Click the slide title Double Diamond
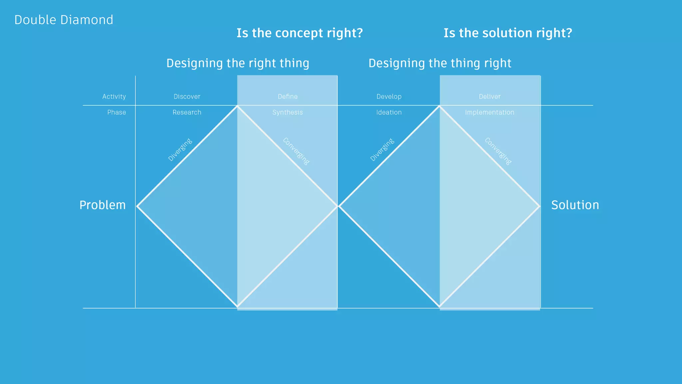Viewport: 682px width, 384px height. [64, 20]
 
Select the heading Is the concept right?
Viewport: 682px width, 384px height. [299, 33]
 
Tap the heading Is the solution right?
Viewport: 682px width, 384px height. [508, 33]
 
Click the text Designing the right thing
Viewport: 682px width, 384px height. [238, 63]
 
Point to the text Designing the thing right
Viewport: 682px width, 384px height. [440, 63]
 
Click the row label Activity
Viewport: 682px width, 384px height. [114, 97]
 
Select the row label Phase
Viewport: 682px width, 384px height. [117, 112]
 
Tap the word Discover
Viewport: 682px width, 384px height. [187, 97]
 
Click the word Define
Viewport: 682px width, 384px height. [288, 97]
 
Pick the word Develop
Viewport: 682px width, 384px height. [389, 97]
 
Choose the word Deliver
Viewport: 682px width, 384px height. [490, 97]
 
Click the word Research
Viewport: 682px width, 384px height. [187, 112]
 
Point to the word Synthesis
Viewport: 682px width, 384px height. [287, 112]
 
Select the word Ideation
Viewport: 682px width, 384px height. [389, 112]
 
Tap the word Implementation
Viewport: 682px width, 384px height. [490, 112]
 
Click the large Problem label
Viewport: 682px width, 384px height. [103, 205]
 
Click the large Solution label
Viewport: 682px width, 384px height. [575, 205]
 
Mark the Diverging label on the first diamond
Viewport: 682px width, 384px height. [180, 150]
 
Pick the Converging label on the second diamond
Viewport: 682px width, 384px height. [498, 151]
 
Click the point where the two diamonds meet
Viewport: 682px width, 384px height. [338, 207]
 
